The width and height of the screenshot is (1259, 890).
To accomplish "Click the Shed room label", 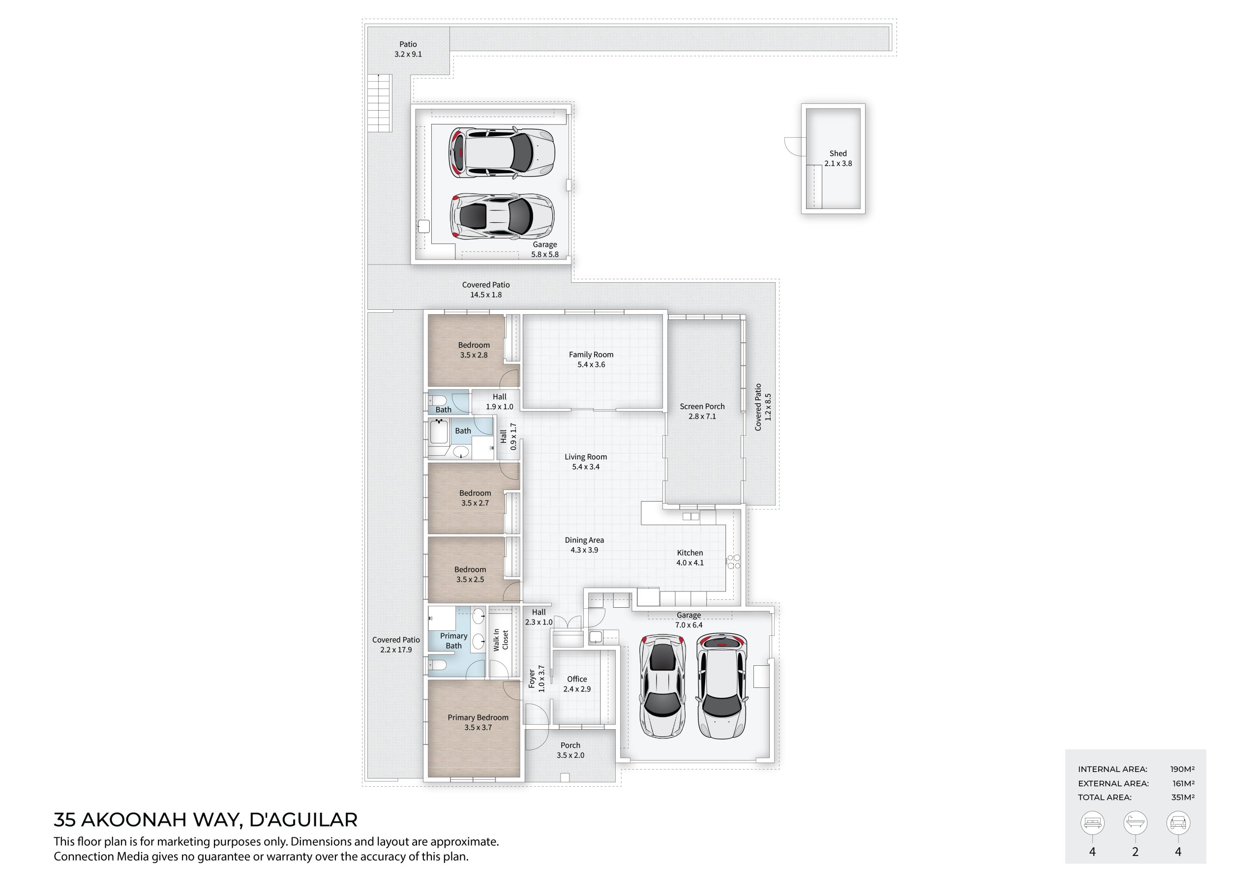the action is click(x=838, y=153).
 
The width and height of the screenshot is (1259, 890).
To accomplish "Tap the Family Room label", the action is click(x=591, y=355).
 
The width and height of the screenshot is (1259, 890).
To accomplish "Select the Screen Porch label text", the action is click(x=702, y=406).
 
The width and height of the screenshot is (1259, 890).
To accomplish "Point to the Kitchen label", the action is click(x=690, y=553).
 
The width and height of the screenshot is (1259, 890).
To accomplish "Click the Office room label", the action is click(x=577, y=679).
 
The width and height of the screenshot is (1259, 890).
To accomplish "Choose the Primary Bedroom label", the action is click(x=478, y=717).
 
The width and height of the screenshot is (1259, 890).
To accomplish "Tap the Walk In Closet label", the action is click(x=501, y=640).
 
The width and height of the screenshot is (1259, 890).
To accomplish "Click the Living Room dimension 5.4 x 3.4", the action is click(x=586, y=467).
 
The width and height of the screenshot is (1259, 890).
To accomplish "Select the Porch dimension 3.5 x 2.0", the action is click(x=570, y=755).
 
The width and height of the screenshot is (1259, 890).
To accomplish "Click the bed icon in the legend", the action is click(x=1092, y=823).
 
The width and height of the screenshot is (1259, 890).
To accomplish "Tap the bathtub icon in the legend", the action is click(x=1135, y=823).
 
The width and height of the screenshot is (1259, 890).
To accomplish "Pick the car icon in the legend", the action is click(x=1178, y=823).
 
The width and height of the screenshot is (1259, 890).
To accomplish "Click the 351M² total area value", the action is click(x=1183, y=798).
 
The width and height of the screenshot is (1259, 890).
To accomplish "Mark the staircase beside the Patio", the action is click(x=380, y=103).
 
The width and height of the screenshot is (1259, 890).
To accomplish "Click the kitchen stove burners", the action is click(x=733, y=562).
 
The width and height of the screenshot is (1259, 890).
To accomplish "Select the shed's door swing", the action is click(x=791, y=145).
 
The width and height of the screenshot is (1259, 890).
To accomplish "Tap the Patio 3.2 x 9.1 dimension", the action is click(x=408, y=54).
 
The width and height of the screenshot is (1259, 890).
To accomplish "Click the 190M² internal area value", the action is click(x=1182, y=770).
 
